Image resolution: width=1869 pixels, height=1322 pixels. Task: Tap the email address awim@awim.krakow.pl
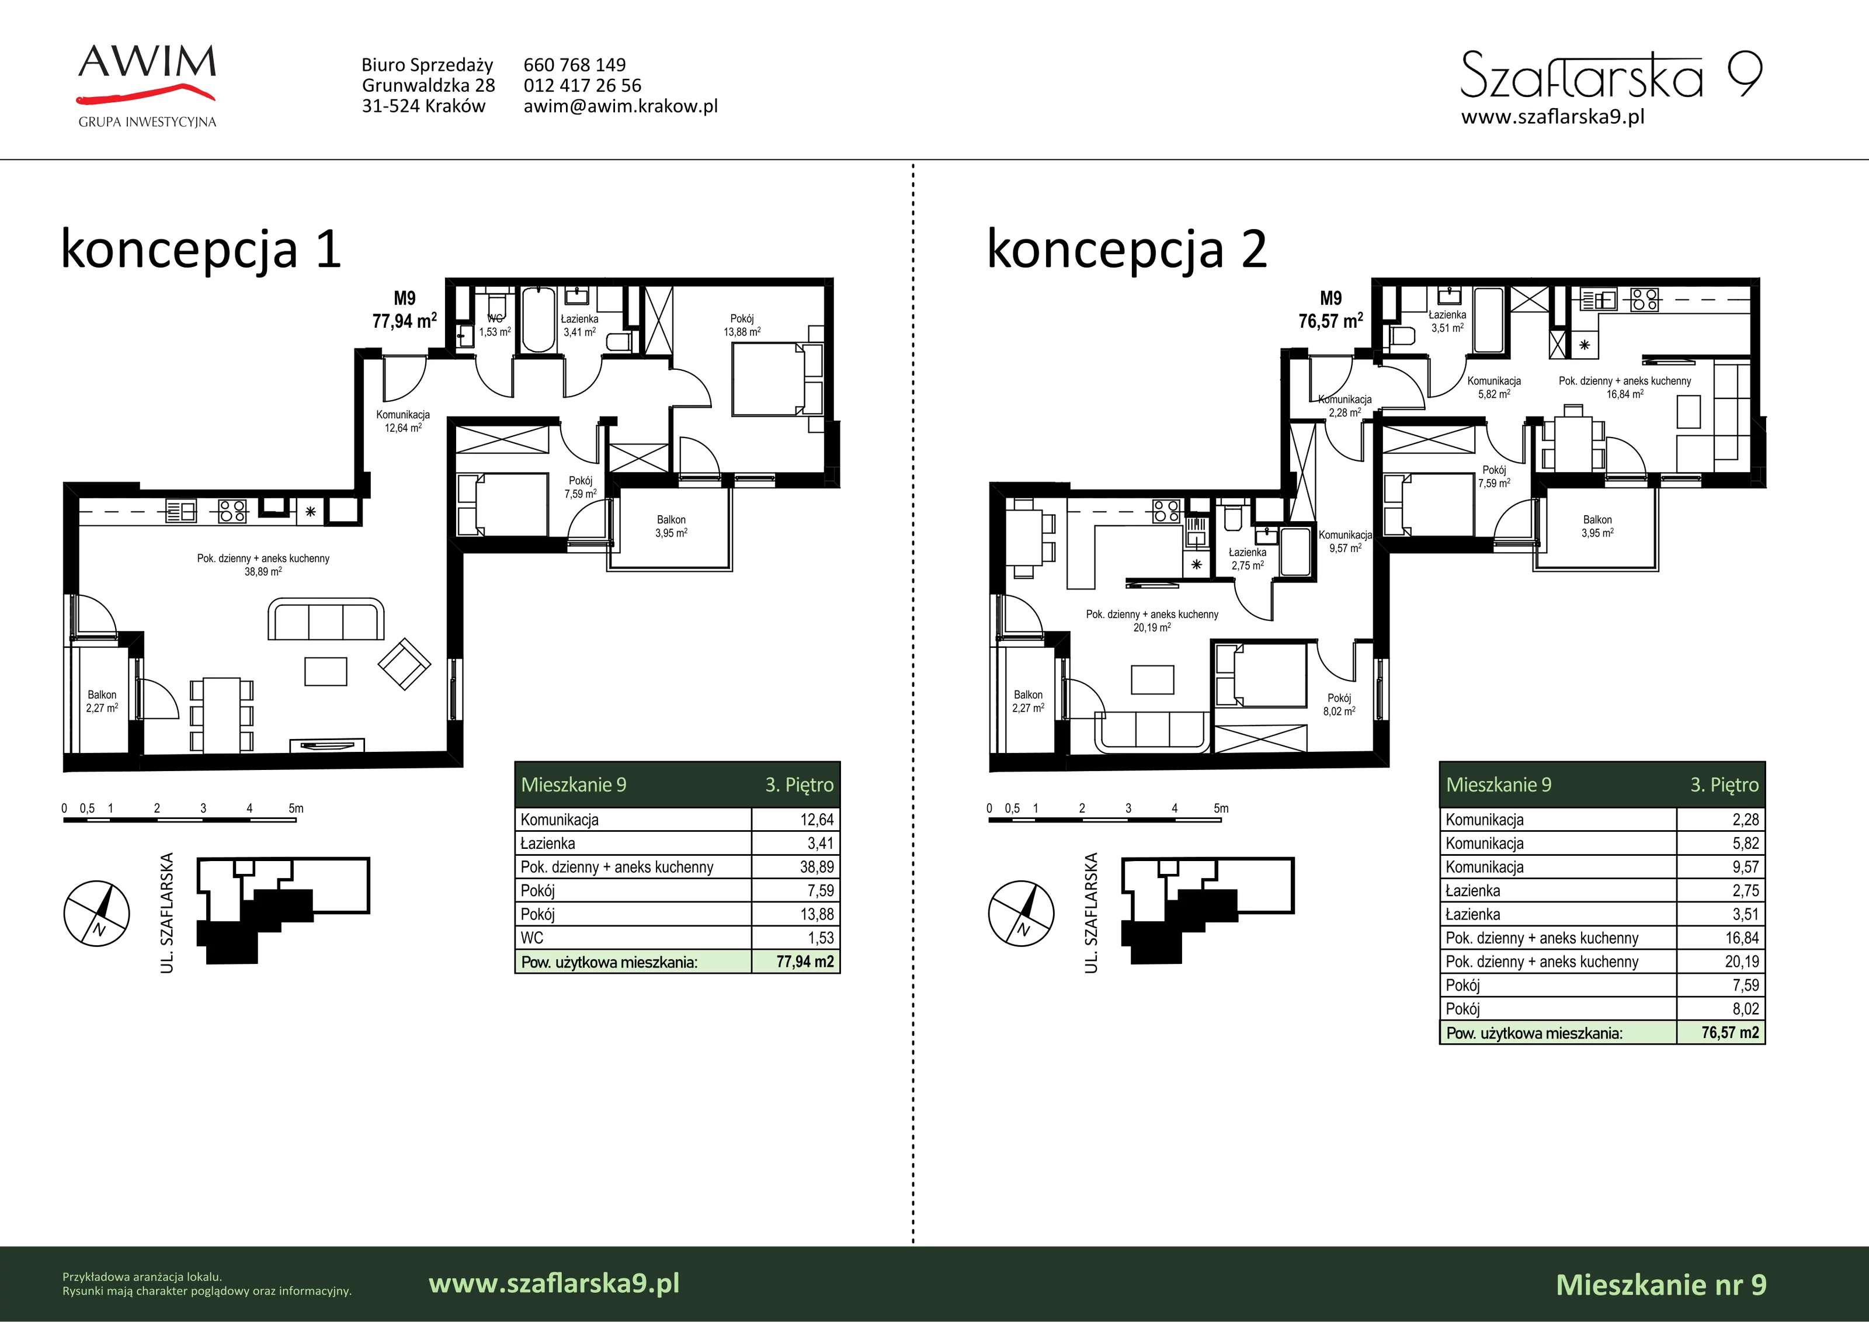click(x=620, y=106)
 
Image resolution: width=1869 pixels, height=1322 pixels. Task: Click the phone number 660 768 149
click(x=575, y=65)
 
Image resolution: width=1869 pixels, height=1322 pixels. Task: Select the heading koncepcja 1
click(x=201, y=249)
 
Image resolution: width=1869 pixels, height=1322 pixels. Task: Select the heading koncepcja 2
click(x=1127, y=249)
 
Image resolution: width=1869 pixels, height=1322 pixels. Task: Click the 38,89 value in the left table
click(x=817, y=867)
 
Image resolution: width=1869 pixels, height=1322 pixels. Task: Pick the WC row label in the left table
click(x=531, y=938)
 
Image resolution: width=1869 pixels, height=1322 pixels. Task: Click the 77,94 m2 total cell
click(x=804, y=962)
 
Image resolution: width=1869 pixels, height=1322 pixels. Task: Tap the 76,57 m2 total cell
click(x=1730, y=1032)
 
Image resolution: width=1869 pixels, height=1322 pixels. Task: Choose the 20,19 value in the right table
click(x=1742, y=962)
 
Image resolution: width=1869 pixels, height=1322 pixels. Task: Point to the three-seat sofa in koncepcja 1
click(x=325, y=620)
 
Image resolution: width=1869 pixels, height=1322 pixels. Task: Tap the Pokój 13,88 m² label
click(x=742, y=325)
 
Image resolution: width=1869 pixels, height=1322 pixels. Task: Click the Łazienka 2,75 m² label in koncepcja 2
click(x=1247, y=559)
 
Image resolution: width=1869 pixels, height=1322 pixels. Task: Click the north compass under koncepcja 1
click(x=97, y=913)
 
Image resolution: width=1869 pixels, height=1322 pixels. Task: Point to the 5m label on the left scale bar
click(x=296, y=809)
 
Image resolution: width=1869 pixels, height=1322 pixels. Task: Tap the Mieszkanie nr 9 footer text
click(x=1662, y=1285)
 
